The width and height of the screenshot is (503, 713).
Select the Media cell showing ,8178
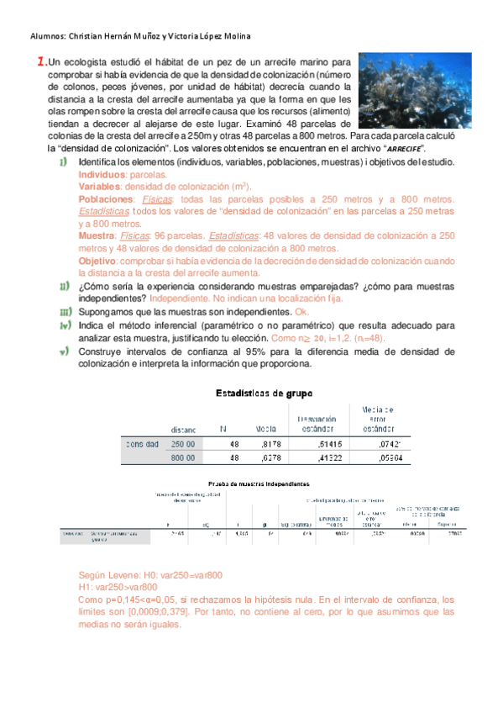(267, 444)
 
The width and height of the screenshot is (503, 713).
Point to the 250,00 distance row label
(183, 444)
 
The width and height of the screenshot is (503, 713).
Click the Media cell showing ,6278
(267, 458)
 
